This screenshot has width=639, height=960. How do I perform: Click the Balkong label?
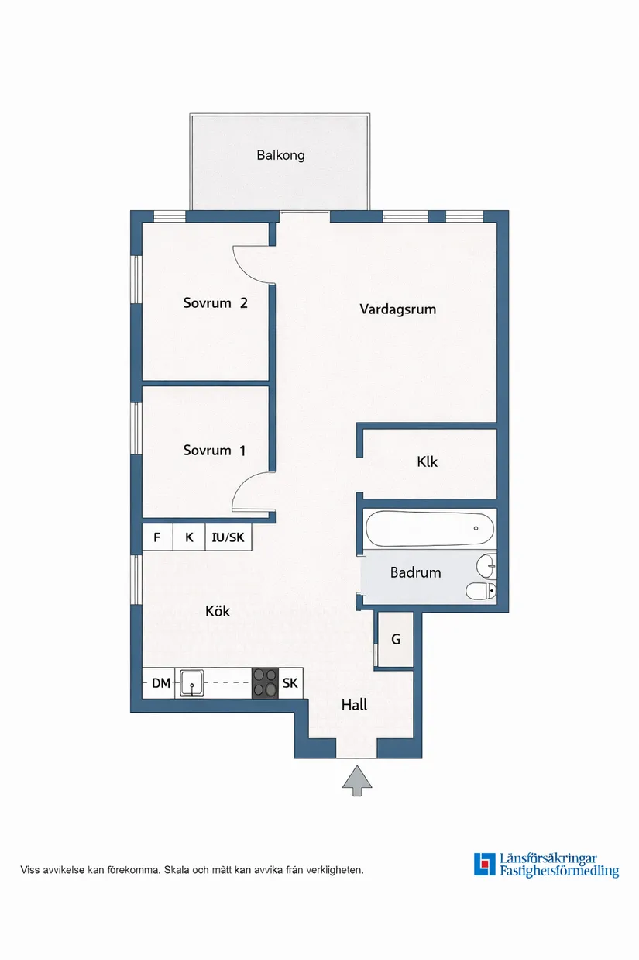[x=280, y=155]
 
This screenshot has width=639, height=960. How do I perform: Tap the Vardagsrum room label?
[x=397, y=309]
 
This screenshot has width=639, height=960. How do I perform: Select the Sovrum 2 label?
[x=215, y=303]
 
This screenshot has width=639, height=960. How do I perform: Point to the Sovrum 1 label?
[x=215, y=450]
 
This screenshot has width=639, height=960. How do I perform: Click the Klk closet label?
[x=427, y=461]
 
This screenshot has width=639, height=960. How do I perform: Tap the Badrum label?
[x=415, y=572]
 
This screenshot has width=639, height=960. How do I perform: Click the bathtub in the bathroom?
[x=430, y=529]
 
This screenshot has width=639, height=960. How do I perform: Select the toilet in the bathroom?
[x=481, y=592]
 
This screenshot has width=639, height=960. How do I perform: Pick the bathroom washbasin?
[x=486, y=566]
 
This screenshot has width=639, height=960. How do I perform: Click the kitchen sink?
[x=192, y=683]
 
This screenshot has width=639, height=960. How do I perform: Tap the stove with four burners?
[x=265, y=684]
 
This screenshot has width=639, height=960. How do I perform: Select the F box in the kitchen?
[x=157, y=537]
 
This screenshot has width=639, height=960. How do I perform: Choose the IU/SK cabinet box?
[x=228, y=537]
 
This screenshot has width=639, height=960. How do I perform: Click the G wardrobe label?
[x=396, y=639]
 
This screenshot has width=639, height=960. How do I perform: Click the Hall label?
[x=355, y=705]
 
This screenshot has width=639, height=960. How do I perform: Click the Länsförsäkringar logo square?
[x=485, y=865]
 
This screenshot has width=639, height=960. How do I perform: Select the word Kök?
[x=218, y=611]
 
